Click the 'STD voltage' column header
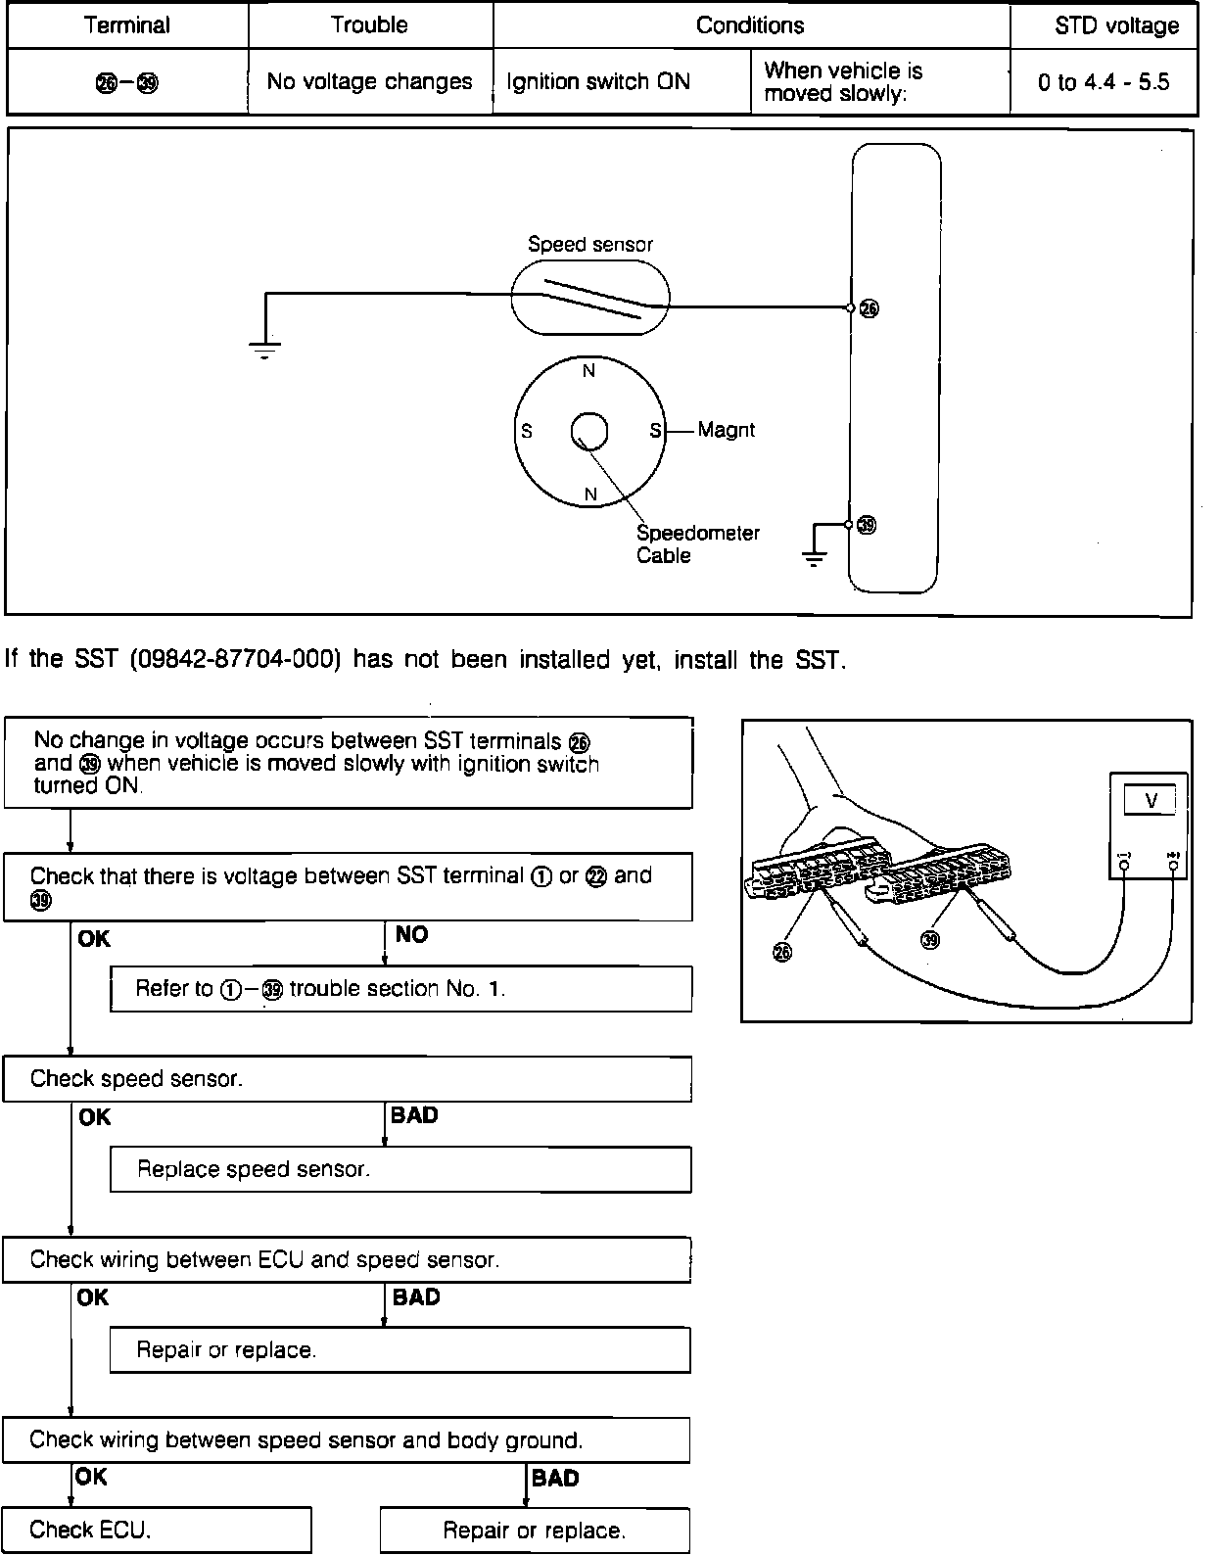click(x=1116, y=25)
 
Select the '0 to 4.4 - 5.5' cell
click(x=1104, y=82)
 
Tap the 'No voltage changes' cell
click(x=369, y=82)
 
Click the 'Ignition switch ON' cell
click(x=598, y=82)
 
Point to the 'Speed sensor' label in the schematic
click(x=589, y=245)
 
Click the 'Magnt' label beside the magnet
click(x=726, y=430)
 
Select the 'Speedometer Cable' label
click(x=697, y=544)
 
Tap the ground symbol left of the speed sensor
click(x=264, y=349)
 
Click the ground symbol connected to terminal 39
click(x=814, y=558)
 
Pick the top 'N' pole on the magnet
click(x=588, y=371)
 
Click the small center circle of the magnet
click(x=588, y=431)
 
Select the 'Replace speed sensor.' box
click(x=400, y=1169)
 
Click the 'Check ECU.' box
click(x=157, y=1530)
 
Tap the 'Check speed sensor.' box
click(x=347, y=1079)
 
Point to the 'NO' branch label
click(x=412, y=935)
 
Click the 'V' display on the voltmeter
click(x=1151, y=801)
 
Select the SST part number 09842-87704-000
click(x=234, y=660)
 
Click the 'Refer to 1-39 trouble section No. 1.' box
click(x=400, y=989)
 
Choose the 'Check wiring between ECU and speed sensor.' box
click(x=347, y=1259)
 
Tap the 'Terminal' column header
click(x=127, y=25)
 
